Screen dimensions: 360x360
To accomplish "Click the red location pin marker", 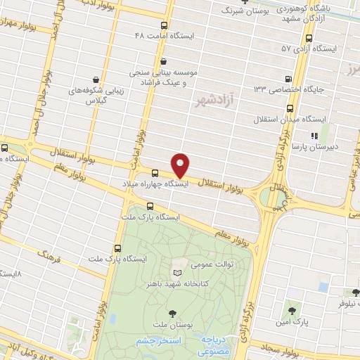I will click(x=181, y=165).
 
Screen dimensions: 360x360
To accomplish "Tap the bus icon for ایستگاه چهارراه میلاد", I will click(x=155, y=172).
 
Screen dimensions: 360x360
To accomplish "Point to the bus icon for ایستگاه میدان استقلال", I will click(x=291, y=108).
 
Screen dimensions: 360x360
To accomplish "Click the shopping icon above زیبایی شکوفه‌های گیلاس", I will click(x=95, y=80).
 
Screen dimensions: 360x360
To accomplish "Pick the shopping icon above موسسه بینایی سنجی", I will click(x=164, y=61).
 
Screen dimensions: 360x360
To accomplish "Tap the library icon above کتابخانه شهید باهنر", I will click(x=176, y=271).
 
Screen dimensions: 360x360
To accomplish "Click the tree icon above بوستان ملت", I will click(x=172, y=314).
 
